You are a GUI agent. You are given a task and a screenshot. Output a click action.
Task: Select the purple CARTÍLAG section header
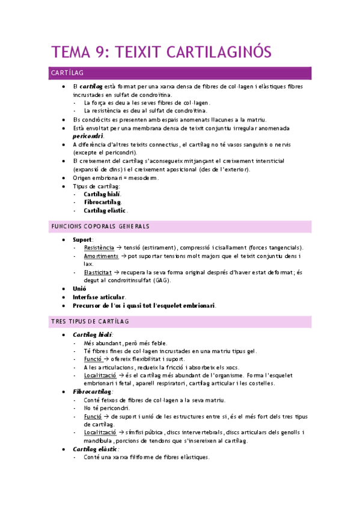tap(67, 73)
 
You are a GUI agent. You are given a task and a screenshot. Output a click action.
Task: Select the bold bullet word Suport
tap(83, 239)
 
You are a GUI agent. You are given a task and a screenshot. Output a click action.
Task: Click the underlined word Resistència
tap(99, 247)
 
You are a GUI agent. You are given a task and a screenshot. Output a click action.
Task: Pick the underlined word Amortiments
tap(101, 256)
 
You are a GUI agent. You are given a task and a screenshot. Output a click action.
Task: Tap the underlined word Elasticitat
tap(99, 272)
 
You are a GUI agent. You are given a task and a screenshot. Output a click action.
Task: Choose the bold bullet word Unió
tap(79, 289)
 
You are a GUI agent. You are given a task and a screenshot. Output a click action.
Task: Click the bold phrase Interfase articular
tap(99, 297)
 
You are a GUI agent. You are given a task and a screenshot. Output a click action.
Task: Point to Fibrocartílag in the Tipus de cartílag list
tap(103, 202)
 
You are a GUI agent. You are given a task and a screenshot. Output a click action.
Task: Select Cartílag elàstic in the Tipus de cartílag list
tap(105, 210)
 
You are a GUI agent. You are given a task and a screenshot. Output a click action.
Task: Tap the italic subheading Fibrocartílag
tap(92, 392)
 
